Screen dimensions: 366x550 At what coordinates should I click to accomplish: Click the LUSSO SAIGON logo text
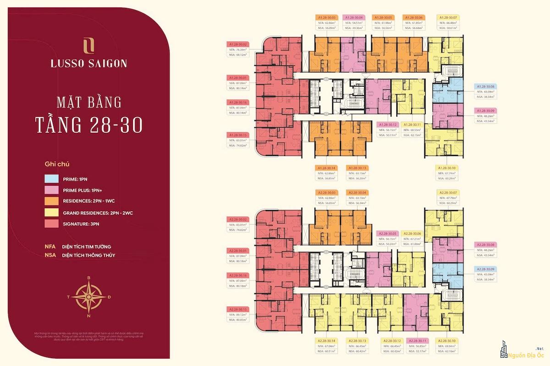[89, 63]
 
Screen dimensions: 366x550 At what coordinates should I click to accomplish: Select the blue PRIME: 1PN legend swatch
[51, 178]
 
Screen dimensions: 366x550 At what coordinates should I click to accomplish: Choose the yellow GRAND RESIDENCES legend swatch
[51, 213]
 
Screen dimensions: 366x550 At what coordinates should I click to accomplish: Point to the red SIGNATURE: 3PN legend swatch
[51, 224]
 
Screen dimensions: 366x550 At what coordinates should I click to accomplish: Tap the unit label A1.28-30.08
[487, 86]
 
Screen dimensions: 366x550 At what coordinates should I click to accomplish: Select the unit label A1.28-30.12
[387, 124]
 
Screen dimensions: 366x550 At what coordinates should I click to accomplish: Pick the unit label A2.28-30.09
[487, 269]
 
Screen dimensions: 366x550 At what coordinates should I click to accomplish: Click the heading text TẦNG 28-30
[89, 124]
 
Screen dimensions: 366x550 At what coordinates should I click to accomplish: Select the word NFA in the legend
[50, 247]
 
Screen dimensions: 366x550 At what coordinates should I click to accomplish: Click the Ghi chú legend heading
[54, 163]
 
